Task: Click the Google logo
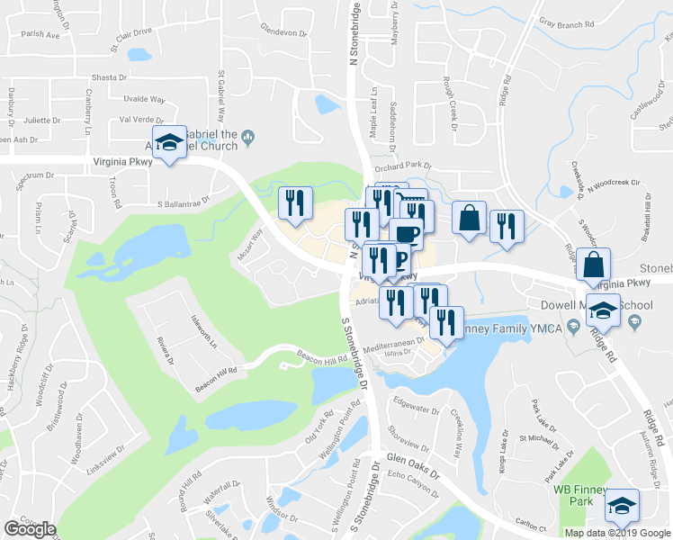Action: coord(30,529)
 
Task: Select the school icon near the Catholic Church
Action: coord(168,142)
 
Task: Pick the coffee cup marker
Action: coord(406,234)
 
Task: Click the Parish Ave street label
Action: coord(39,35)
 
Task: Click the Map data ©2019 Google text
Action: coord(616,533)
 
